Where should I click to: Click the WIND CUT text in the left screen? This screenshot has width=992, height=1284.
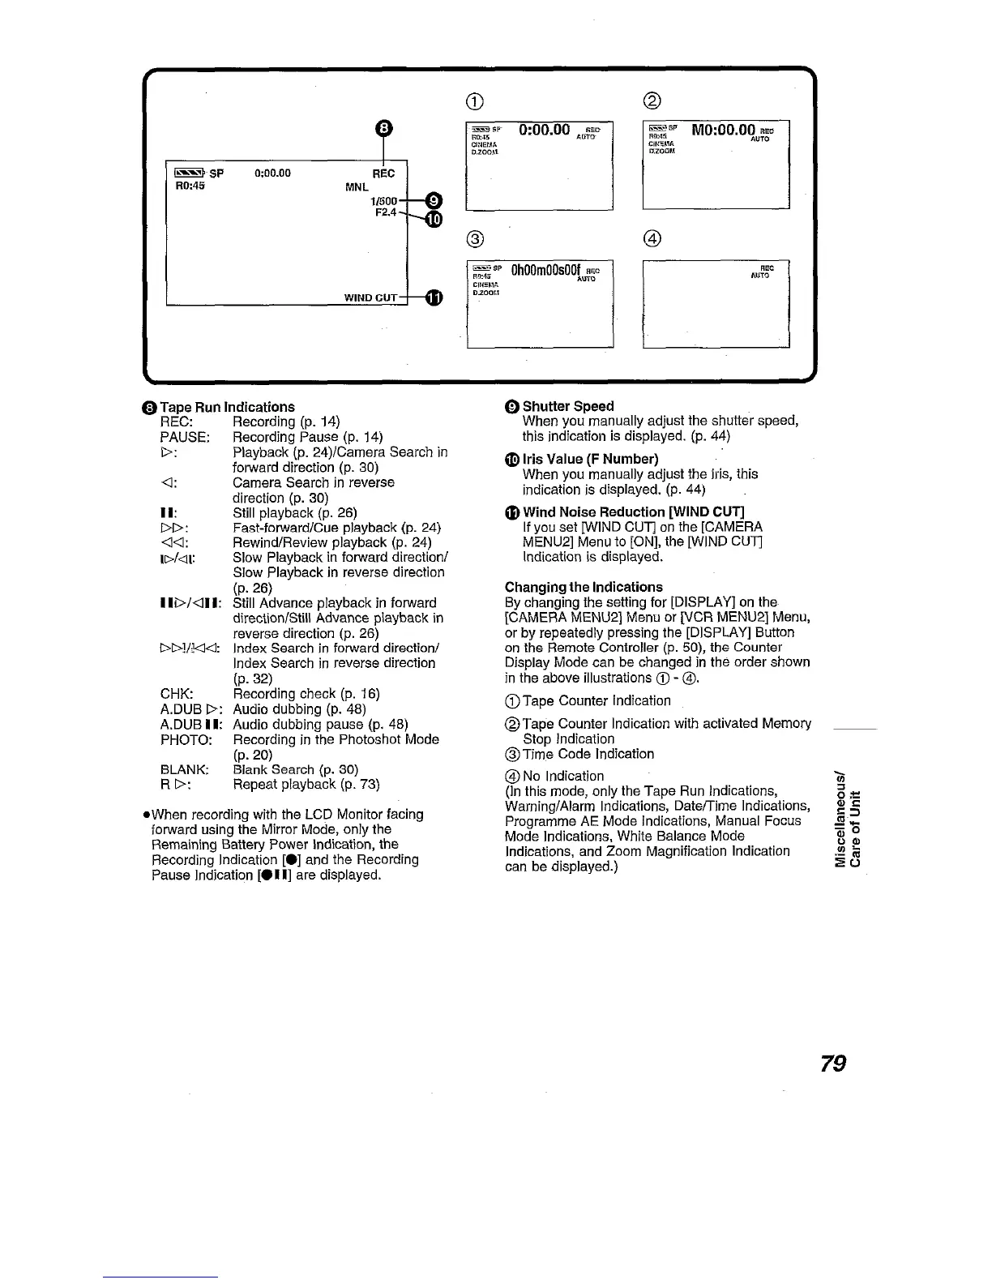tap(371, 297)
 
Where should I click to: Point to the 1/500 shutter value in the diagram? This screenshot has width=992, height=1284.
tap(384, 200)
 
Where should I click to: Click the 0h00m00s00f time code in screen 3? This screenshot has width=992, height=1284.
tap(544, 269)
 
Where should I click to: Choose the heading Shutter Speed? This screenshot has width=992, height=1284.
tap(567, 405)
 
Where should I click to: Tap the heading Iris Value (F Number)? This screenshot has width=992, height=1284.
tap(590, 459)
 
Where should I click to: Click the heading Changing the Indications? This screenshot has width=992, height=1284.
tap(584, 587)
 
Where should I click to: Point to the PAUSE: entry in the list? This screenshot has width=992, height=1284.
tap(186, 437)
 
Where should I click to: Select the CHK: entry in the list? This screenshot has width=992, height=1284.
tap(177, 694)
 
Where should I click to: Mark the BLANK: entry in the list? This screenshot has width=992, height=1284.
tap(185, 769)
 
